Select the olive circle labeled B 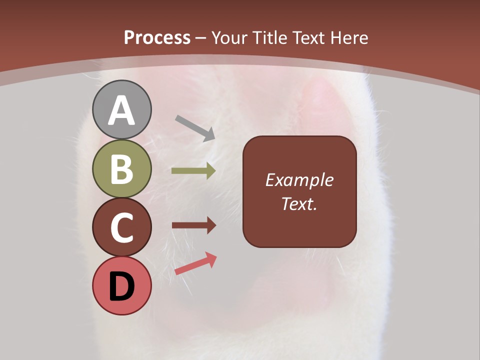[x=121, y=169]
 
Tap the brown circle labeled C [x=121, y=227]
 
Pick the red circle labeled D [x=121, y=286]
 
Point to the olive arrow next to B [x=193, y=171]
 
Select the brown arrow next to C [x=193, y=225]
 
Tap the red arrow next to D [x=195, y=263]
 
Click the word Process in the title [x=157, y=37]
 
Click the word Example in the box [x=299, y=180]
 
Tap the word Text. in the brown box [x=299, y=203]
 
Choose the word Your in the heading [x=229, y=37]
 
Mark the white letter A [x=121, y=111]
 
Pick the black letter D [x=121, y=287]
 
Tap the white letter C [x=121, y=228]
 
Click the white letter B [x=121, y=169]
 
